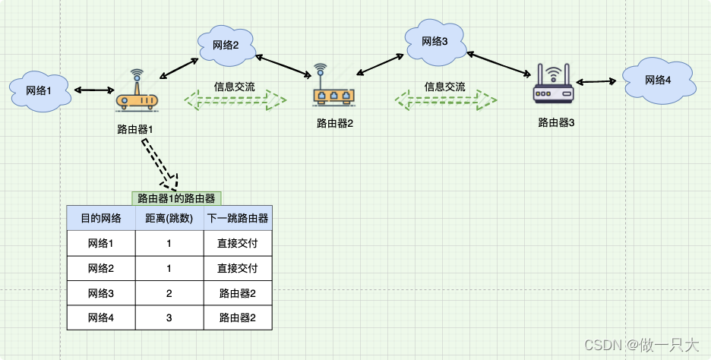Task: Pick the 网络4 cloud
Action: (x=657, y=81)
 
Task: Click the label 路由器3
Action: (x=555, y=122)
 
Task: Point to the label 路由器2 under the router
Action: (x=335, y=123)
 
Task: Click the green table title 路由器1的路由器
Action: (x=176, y=198)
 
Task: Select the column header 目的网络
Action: (x=101, y=219)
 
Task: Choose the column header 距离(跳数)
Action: (x=169, y=219)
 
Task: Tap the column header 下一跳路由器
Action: (x=237, y=219)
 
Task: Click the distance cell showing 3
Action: (x=169, y=317)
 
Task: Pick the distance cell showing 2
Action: (x=169, y=293)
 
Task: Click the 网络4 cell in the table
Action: (x=101, y=317)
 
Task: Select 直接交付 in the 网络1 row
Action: (x=237, y=244)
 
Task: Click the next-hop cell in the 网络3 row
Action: (x=237, y=293)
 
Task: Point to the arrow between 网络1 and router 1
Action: (x=92, y=90)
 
